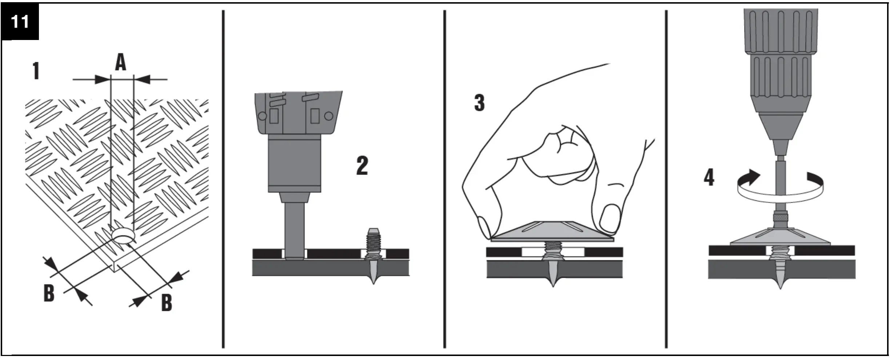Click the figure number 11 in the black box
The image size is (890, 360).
(20, 22)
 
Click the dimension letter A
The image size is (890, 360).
(121, 63)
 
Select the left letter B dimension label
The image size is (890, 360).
(49, 293)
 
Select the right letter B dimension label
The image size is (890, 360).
(167, 302)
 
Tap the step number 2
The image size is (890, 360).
(362, 166)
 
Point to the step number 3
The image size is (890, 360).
(479, 103)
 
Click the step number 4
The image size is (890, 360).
(709, 178)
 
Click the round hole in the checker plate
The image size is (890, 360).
(123, 236)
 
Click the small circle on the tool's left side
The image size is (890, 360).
(262, 116)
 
